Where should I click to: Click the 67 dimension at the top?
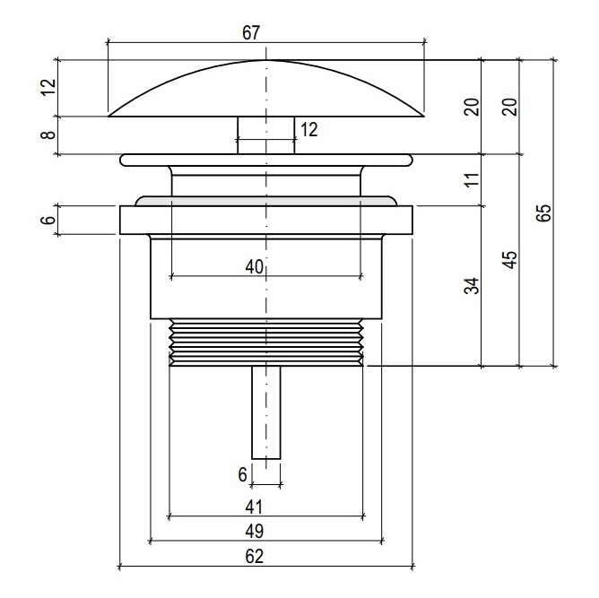point(251,33)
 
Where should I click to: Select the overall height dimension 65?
point(544,212)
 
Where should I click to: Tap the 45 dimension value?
point(511,260)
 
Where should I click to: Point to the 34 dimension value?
point(472,286)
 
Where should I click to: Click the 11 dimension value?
point(473,179)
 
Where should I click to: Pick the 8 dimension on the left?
point(49,134)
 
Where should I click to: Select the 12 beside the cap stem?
point(309,130)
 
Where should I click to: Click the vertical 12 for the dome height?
point(49,88)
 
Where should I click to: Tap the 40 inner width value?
point(255,266)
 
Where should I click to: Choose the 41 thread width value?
point(254,507)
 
